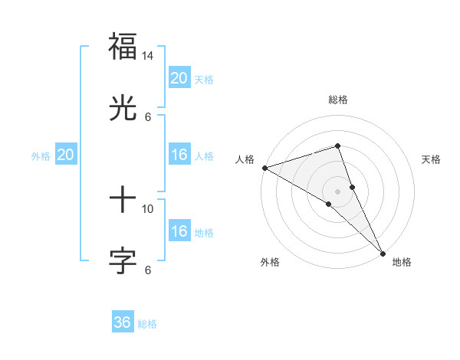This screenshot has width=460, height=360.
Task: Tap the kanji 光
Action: coord(123,108)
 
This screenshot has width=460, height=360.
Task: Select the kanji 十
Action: coord(123,200)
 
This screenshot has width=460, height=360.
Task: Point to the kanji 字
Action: coord(123,260)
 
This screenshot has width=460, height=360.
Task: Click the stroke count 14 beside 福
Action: coord(148,56)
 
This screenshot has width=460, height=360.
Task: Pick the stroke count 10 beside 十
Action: coord(148,208)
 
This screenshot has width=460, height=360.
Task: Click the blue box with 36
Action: coord(123,322)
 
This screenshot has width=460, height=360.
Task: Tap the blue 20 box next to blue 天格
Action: coord(179,77)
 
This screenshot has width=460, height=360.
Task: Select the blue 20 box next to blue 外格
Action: coord(65,155)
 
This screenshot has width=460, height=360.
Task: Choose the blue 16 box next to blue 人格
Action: coord(179,155)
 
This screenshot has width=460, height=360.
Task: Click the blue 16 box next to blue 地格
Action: coord(179,231)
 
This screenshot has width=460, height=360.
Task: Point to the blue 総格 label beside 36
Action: coord(147,324)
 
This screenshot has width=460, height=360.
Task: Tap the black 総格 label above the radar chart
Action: coord(338,100)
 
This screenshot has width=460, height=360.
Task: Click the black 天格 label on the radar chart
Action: coord(432,159)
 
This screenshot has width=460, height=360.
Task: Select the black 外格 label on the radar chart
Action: coord(270,262)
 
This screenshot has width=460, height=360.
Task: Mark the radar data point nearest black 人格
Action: coord(264,168)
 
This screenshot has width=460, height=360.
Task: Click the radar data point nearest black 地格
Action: coord(383,251)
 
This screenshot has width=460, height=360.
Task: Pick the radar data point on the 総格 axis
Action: coord(337,146)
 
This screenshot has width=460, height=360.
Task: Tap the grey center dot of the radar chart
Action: coord(337,191)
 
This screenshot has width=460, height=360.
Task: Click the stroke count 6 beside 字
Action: coord(148,270)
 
